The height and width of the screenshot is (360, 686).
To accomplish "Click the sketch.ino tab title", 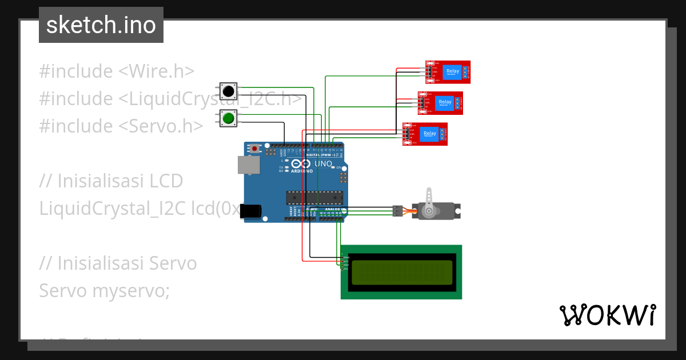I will (x=101, y=25).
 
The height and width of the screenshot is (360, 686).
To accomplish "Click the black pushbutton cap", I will (x=229, y=91).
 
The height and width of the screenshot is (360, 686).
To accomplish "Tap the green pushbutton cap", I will (x=229, y=118).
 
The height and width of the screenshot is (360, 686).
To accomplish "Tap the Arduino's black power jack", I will (x=251, y=211).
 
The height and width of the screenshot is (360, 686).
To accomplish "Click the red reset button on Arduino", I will (x=254, y=149).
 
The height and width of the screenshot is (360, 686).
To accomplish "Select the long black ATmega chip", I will (x=314, y=198).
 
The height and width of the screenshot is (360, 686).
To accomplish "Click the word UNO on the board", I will (x=323, y=164).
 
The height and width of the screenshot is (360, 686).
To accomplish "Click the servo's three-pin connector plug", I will (x=397, y=211).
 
